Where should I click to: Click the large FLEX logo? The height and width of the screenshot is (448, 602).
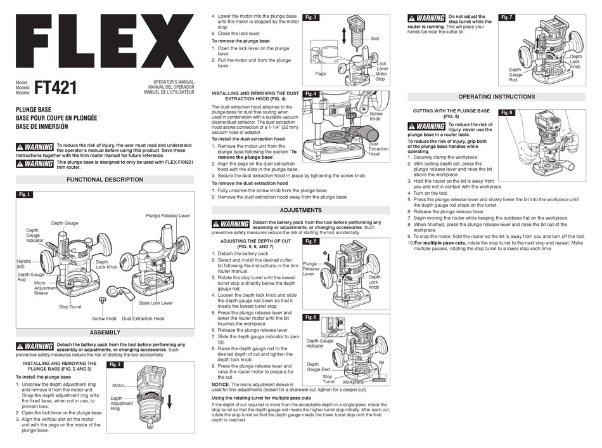click(105, 44)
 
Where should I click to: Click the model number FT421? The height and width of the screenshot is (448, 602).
click(55, 87)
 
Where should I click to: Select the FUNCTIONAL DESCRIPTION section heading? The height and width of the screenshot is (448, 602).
click(105, 180)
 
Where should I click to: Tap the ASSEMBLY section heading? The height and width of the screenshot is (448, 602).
click(105, 332)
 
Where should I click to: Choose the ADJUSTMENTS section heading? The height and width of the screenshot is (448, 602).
click(300, 210)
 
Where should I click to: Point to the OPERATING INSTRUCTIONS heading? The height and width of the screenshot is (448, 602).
click(496, 96)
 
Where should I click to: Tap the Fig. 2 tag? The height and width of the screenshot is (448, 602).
click(115, 365)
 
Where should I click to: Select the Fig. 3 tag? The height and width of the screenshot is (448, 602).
click(311, 18)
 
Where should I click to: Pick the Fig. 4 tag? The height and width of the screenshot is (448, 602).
click(311, 94)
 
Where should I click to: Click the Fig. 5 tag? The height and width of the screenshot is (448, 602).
click(311, 242)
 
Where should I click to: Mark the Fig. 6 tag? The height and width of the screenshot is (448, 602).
click(311, 317)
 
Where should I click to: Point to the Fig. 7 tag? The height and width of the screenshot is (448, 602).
click(507, 17)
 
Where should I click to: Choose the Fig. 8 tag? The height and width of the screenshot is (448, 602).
click(507, 112)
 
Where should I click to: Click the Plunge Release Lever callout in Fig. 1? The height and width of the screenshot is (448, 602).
click(168, 216)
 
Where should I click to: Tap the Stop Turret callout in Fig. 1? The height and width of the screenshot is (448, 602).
click(70, 306)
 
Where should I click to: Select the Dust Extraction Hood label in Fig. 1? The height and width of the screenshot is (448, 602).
click(143, 319)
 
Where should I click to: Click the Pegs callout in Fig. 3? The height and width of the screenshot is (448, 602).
click(320, 74)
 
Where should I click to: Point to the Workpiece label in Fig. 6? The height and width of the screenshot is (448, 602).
click(353, 382)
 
